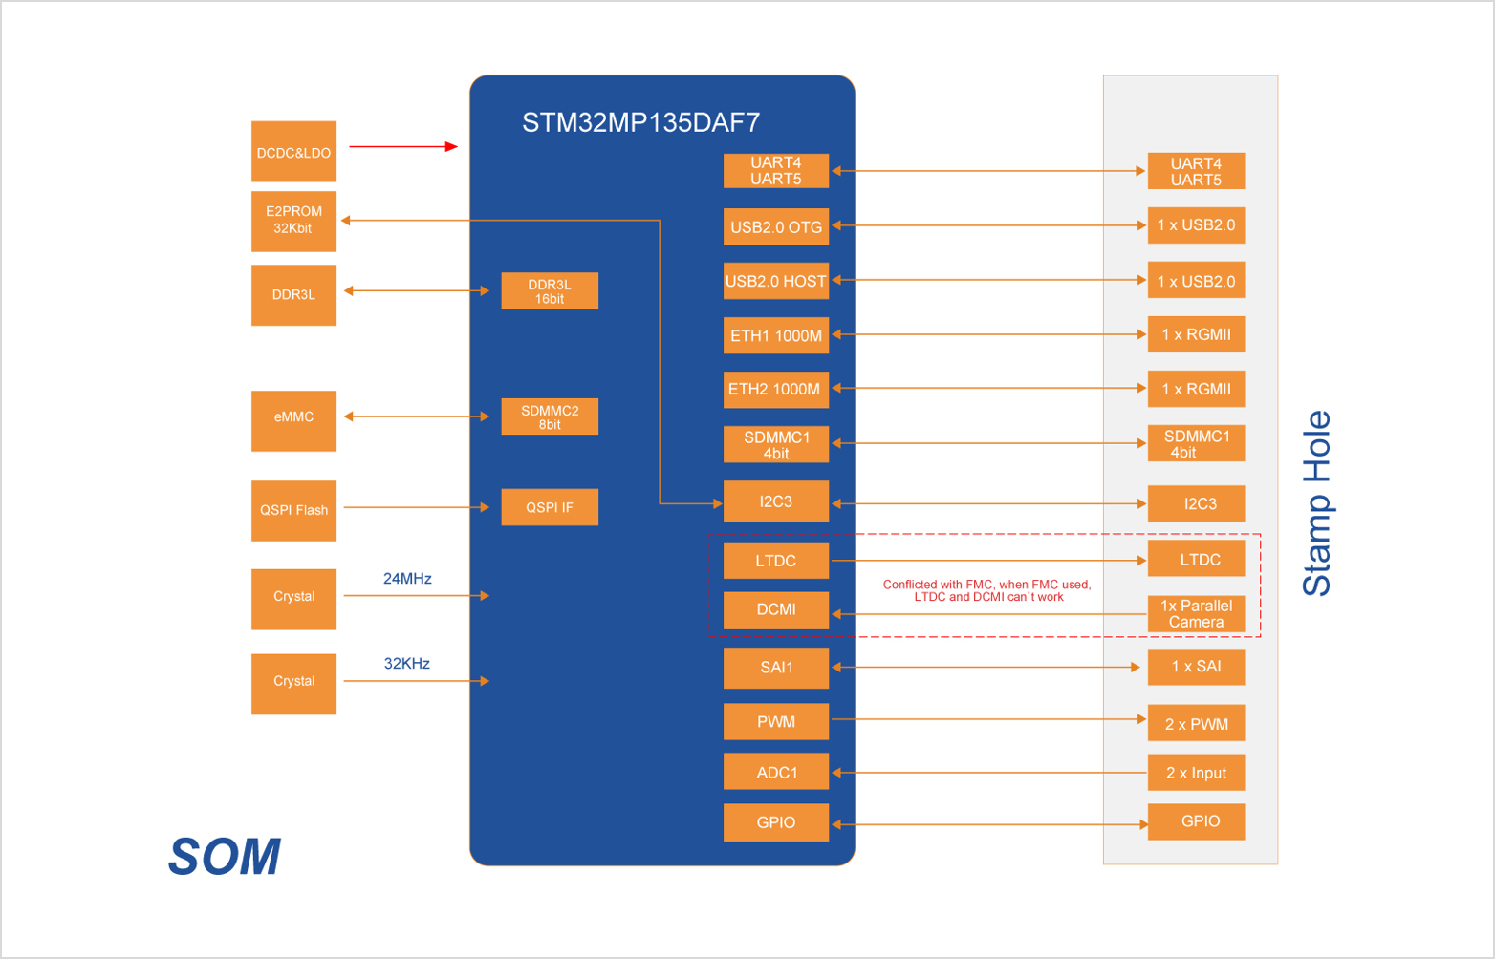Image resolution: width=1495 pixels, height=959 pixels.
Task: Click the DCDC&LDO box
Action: (x=293, y=152)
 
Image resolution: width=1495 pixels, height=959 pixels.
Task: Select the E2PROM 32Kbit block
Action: (x=293, y=221)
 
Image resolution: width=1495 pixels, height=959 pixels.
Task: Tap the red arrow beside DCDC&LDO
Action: (x=403, y=146)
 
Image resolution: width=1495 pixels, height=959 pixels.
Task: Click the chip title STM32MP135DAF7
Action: (x=640, y=122)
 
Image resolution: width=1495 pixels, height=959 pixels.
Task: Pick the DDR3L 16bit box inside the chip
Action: (x=550, y=291)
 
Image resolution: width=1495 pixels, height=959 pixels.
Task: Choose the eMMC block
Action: (x=293, y=417)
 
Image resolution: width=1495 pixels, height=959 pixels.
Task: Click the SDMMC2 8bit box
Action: (x=550, y=417)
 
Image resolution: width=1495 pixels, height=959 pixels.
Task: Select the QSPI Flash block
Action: (x=293, y=510)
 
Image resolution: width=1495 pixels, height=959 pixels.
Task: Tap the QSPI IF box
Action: (x=550, y=507)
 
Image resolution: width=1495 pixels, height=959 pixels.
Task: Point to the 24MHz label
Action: (x=407, y=579)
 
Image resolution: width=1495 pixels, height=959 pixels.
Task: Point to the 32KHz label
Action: (x=407, y=664)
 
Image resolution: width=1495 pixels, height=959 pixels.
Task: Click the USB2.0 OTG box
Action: (x=776, y=227)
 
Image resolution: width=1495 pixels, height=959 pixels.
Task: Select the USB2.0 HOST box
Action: (x=776, y=281)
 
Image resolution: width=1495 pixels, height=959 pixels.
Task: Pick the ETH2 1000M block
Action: (x=775, y=389)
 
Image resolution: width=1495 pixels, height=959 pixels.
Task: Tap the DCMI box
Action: (x=776, y=609)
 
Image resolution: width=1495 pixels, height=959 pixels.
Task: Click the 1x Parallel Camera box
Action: (x=1196, y=614)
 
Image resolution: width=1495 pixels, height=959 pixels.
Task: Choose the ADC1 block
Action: (x=776, y=772)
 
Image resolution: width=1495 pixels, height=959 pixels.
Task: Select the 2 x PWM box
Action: (x=1196, y=724)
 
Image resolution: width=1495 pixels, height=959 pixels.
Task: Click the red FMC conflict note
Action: (x=987, y=590)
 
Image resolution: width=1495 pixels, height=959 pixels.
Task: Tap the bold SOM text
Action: (x=226, y=857)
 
